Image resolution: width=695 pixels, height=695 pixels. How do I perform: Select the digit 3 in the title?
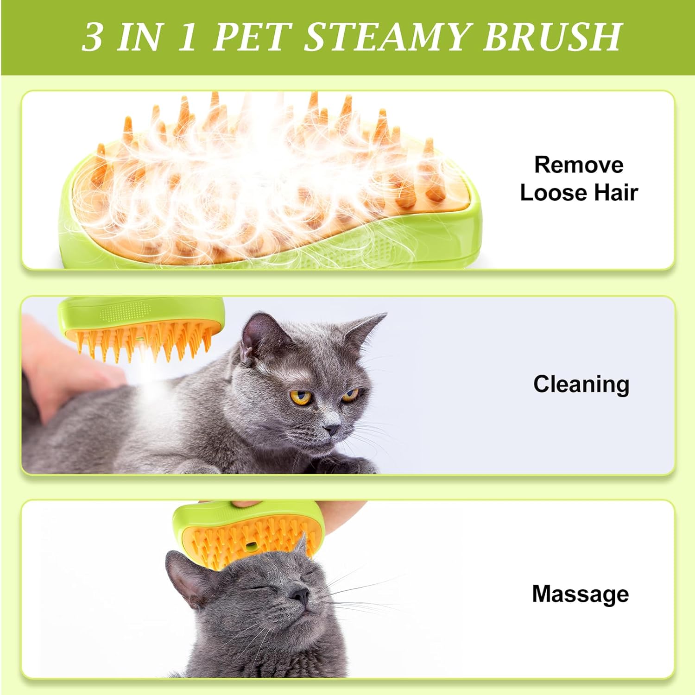(92, 37)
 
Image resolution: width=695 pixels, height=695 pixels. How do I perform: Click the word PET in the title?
(252, 37)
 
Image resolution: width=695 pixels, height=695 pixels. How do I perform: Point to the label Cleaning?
(581, 384)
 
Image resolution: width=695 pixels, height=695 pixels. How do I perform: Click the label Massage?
(580, 594)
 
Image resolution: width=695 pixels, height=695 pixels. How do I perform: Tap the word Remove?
(579, 165)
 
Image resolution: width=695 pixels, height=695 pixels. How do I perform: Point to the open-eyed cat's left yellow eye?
(300, 397)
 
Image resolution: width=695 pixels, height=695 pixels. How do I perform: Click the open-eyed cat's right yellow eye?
(350, 395)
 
